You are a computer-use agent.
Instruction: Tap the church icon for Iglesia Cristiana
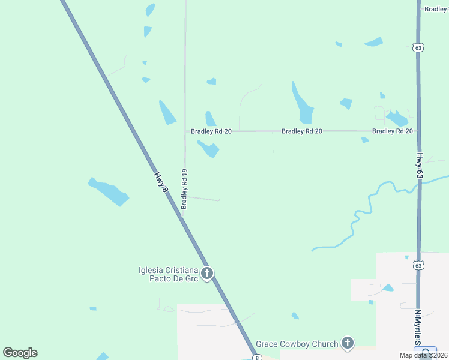pyautogui.click(x=206, y=274)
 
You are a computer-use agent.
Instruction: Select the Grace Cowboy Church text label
pyautogui.click(x=297, y=344)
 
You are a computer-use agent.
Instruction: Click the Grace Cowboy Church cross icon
pyautogui.click(x=347, y=343)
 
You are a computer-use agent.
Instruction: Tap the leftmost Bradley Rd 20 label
pyautogui.click(x=211, y=131)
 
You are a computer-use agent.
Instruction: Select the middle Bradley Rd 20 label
pyautogui.click(x=302, y=131)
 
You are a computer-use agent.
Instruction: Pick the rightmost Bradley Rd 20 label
pyautogui.click(x=392, y=131)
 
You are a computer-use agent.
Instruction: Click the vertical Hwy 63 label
pyautogui.click(x=420, y=164)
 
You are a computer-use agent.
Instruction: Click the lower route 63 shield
pyautogui.click(x=418, y=265)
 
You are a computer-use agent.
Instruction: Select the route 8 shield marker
pyautogui.click(x=257, y=358)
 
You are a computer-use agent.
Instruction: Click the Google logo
pyautogui.click(x=20, y=353)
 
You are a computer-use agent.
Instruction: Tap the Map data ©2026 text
pyautogui.click(x=423, y=355)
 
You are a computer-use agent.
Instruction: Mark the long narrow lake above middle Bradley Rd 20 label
pyautogui.click(x=302, y=104)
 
